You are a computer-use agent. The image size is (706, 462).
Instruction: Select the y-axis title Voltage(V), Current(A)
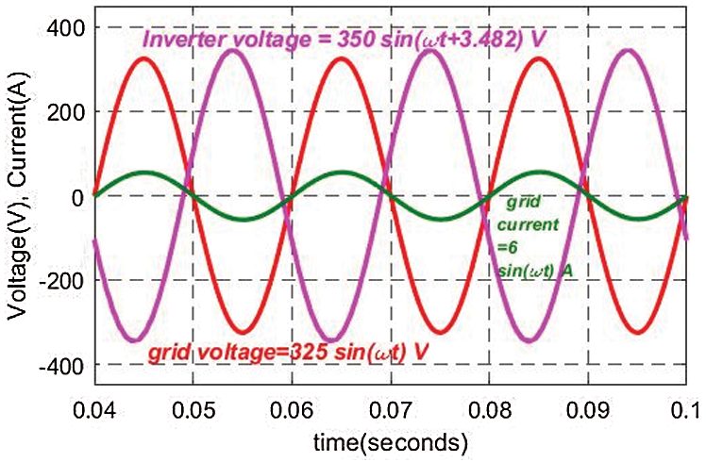click(18, 197)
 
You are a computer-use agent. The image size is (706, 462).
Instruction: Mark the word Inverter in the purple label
click(178, 41)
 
